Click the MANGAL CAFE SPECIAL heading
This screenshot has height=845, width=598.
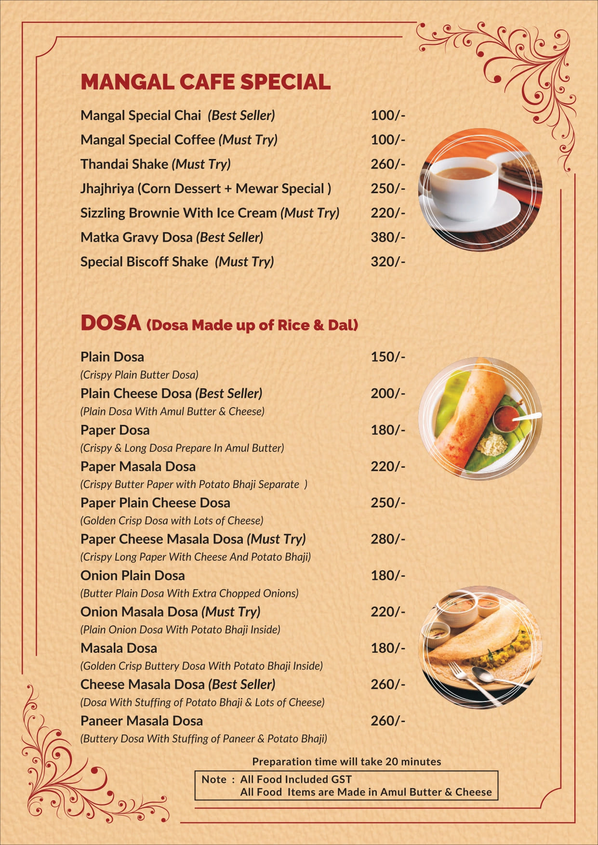coord(205,82)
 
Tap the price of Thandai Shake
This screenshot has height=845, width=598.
coord(387,164)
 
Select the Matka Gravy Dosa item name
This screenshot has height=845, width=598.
coord(137,238)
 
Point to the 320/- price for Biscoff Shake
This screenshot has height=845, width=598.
coord(387,262)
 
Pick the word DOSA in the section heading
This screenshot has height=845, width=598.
coord(110,323)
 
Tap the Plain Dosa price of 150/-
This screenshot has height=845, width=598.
coord(387,357)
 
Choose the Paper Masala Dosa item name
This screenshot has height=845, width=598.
coord(138,466)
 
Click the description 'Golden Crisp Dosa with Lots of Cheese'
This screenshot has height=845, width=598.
coord(172,521)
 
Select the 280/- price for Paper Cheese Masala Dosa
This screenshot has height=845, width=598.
coord(387,539)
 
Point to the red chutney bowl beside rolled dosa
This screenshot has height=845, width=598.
coord(505,418)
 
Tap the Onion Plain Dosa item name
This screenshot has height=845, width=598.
coord(133,576)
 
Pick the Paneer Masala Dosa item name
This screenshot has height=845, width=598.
coord(141,721)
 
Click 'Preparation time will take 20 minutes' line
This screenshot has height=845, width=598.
coord(346,762)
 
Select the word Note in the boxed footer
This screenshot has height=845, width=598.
coord(214,779)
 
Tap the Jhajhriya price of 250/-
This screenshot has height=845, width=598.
coord(387,189)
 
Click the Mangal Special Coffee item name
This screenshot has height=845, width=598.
coord(147,140)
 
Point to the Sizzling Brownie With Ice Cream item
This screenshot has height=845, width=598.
coord(178,213)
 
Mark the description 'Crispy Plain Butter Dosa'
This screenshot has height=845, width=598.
coord(139,375)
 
